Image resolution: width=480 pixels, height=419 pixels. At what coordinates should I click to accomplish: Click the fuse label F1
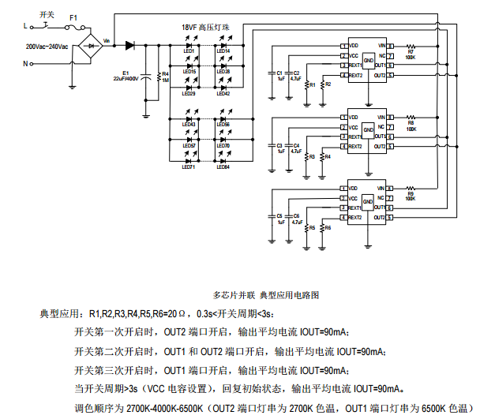73,17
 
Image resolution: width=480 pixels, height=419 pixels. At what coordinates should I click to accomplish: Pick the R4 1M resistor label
165,77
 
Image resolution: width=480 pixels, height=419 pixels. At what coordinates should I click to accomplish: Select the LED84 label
223,166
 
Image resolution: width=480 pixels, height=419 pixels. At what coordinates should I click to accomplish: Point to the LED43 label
189,125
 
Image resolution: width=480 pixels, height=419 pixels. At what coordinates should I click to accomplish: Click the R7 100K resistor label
411,54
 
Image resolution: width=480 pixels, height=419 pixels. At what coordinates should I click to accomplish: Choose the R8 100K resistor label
411,124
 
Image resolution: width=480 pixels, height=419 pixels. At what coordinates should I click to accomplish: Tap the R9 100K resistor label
411,194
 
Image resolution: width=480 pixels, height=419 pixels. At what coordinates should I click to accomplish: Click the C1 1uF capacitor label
279,75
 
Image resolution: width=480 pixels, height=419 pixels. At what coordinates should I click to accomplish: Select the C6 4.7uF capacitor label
296,219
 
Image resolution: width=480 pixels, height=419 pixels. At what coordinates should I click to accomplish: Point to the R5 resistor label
312,227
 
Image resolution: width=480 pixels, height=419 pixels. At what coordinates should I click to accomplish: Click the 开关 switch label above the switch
47,13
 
